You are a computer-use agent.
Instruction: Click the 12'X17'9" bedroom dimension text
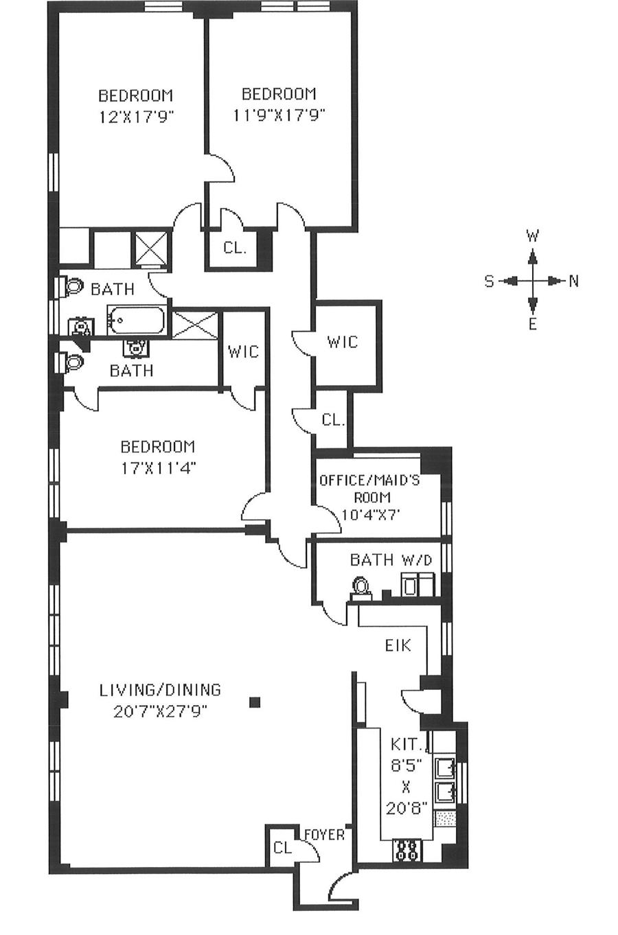[x=135, y=116]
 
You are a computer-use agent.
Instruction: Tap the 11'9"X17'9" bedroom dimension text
[x=278, y=115]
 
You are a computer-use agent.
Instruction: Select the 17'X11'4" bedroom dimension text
[x=157, y=468]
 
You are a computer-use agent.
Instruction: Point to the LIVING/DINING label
[x=160, y=689]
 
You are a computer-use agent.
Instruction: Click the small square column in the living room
[x=255, y=702]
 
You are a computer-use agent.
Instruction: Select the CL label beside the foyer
[x=282, y=848]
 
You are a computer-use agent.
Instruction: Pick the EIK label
[x=396, y=645]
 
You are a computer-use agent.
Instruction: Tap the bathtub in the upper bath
[x=136, y=321]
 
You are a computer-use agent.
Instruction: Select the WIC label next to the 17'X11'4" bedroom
[x=243, y=351]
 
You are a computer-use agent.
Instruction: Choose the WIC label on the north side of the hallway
[x=341, y=341]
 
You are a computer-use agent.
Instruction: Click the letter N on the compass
[x=573, y=281]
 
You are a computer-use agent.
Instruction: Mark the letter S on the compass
[x=489, y=281]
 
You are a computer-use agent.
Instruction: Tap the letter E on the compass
[x=532, y=325]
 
